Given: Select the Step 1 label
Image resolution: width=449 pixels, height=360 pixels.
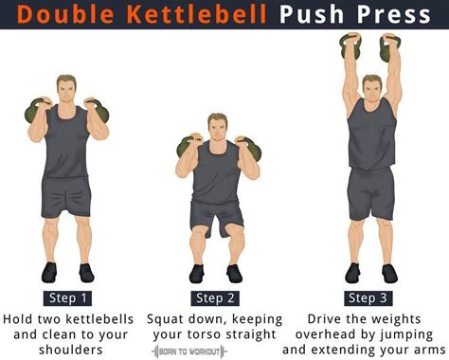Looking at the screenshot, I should pos(68,297).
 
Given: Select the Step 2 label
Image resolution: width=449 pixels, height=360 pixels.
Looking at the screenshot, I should pos(214,297).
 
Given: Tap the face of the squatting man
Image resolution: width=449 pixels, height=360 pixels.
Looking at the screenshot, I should pos(216,128).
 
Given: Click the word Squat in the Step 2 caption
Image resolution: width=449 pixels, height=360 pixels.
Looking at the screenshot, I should pos(170,317).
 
